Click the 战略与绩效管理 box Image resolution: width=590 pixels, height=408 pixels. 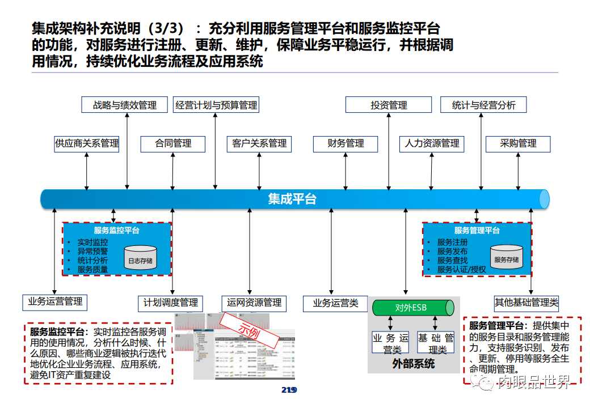(x=125, y=105)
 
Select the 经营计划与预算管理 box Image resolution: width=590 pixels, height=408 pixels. (x=216, y=105)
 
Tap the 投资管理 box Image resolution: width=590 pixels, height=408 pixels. (x=389, y=105)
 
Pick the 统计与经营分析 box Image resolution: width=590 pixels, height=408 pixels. (x=483, y=105)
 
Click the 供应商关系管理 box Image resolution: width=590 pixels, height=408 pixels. (x=87, y=143)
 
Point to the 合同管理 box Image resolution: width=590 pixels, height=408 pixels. (x=173, y=143)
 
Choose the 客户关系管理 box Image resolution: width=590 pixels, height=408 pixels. (x=259, y=143)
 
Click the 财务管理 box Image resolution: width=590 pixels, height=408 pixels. (x=345, y=143)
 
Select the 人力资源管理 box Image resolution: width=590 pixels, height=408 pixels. (x=432, y=143)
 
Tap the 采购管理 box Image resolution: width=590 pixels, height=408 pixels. (x=518, y=143)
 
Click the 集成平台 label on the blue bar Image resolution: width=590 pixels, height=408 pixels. (x=292, y=199)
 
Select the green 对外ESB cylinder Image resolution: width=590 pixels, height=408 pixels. (x=414, y=308)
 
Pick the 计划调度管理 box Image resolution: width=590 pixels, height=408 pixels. (x=170, y=303)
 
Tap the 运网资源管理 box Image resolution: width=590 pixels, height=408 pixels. (x=254, y=303)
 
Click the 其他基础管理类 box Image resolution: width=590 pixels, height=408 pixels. (x=526, y=303)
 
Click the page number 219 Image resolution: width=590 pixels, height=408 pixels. (x=289, y=390)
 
